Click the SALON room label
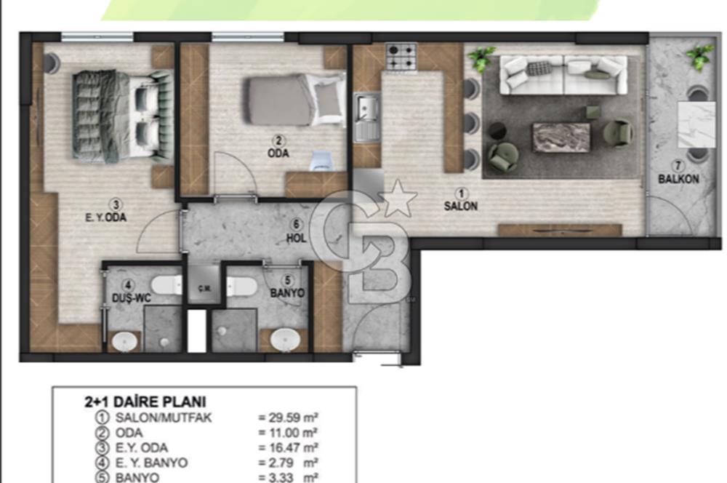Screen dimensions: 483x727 coord(461,206)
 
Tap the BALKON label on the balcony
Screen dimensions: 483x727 coord(679,179)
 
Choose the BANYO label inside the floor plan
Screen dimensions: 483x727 coord(287,293)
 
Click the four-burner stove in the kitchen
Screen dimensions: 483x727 coord(401,58)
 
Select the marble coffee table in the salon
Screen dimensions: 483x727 coord(561,137)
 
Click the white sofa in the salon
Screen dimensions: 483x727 coord(563,75)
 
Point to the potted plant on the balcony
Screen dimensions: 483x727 coord(699,57)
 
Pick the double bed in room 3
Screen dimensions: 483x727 coord(122,116)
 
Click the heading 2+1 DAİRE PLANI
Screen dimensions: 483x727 coord(145,401)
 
